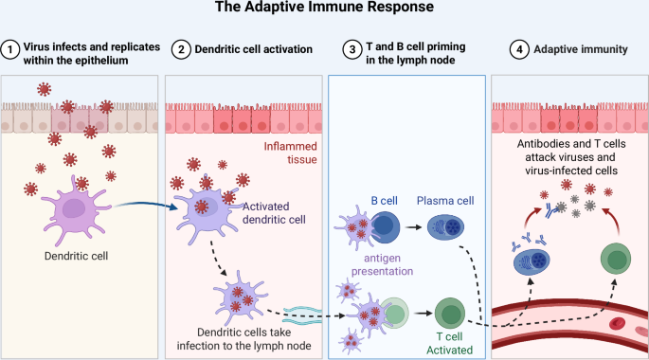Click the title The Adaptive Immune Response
324,10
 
